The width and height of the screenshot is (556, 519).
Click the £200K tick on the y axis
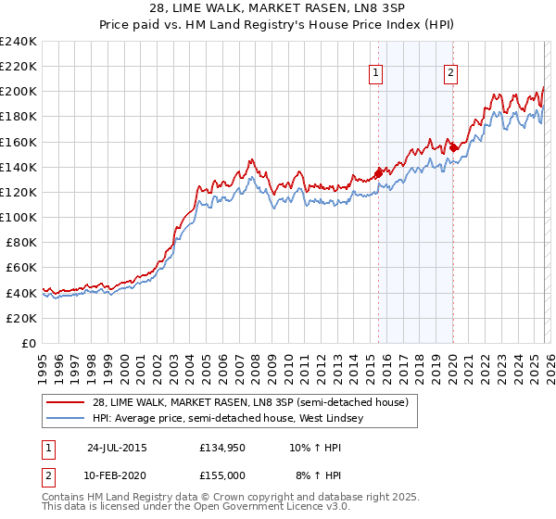[x=19, y=92]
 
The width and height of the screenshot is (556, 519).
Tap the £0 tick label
[x=30, y=343]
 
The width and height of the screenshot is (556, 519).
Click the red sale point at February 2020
[x=453, y=146]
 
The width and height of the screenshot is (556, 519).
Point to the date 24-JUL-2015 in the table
[x=117, y=447]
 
